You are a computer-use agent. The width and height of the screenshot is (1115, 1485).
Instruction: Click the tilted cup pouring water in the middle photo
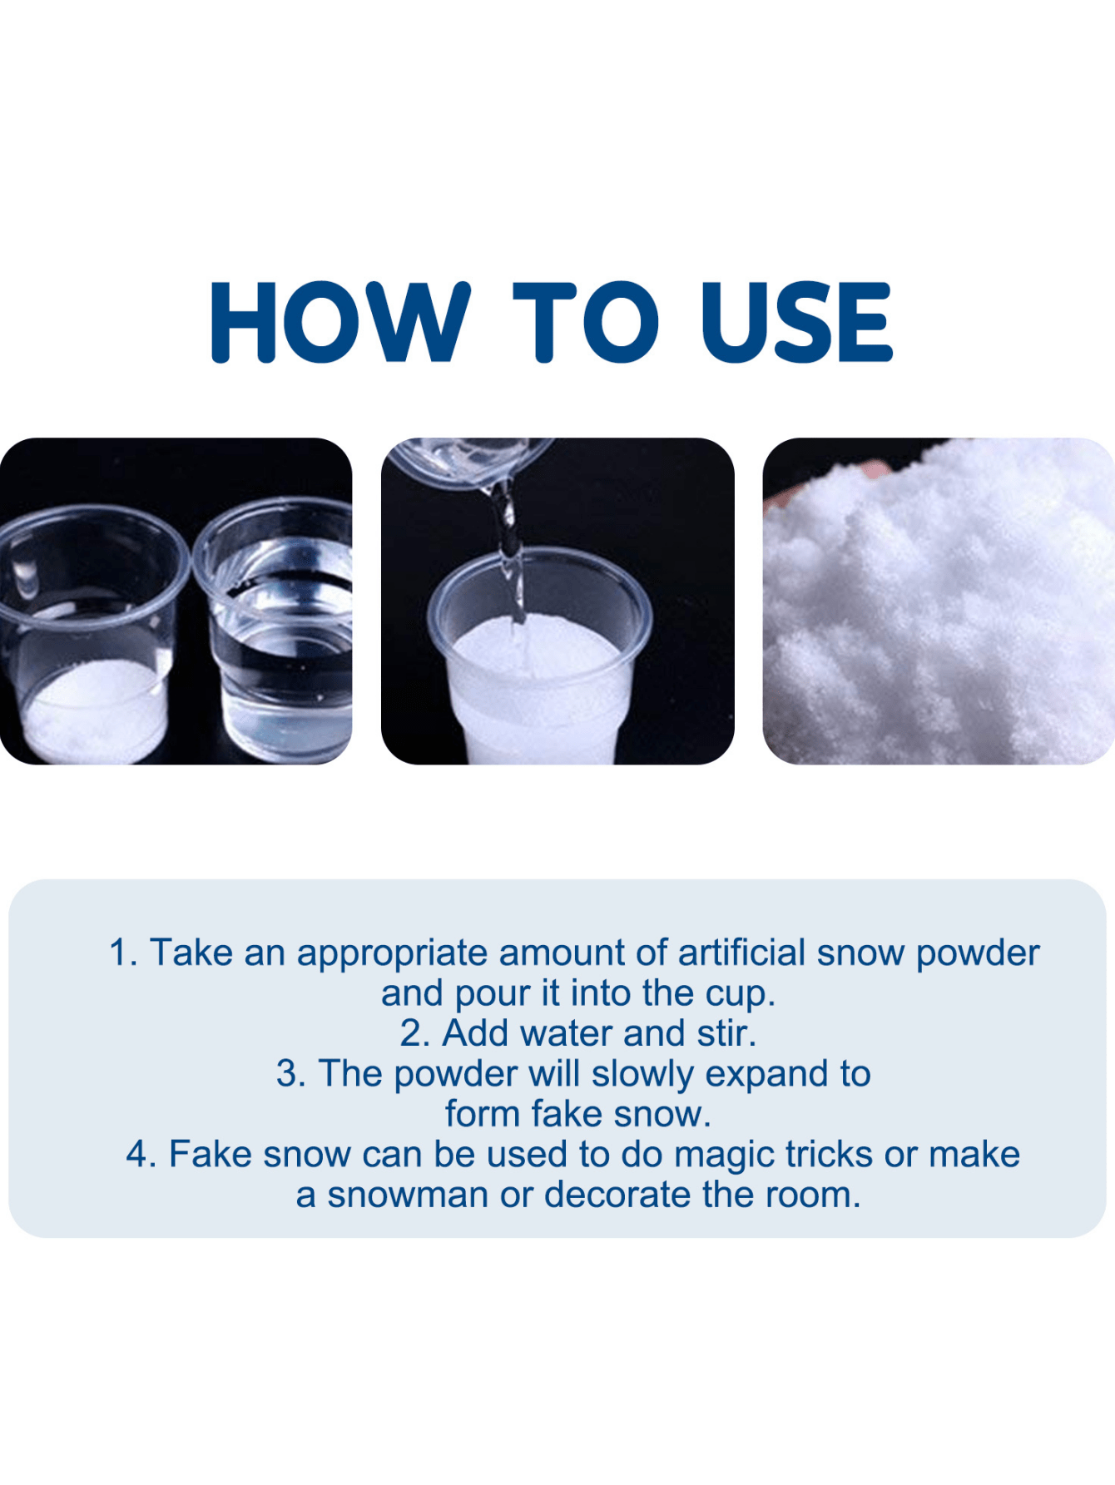(x=470, y=463)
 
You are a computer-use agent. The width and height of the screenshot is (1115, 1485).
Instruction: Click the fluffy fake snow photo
(x=939, y=601)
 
